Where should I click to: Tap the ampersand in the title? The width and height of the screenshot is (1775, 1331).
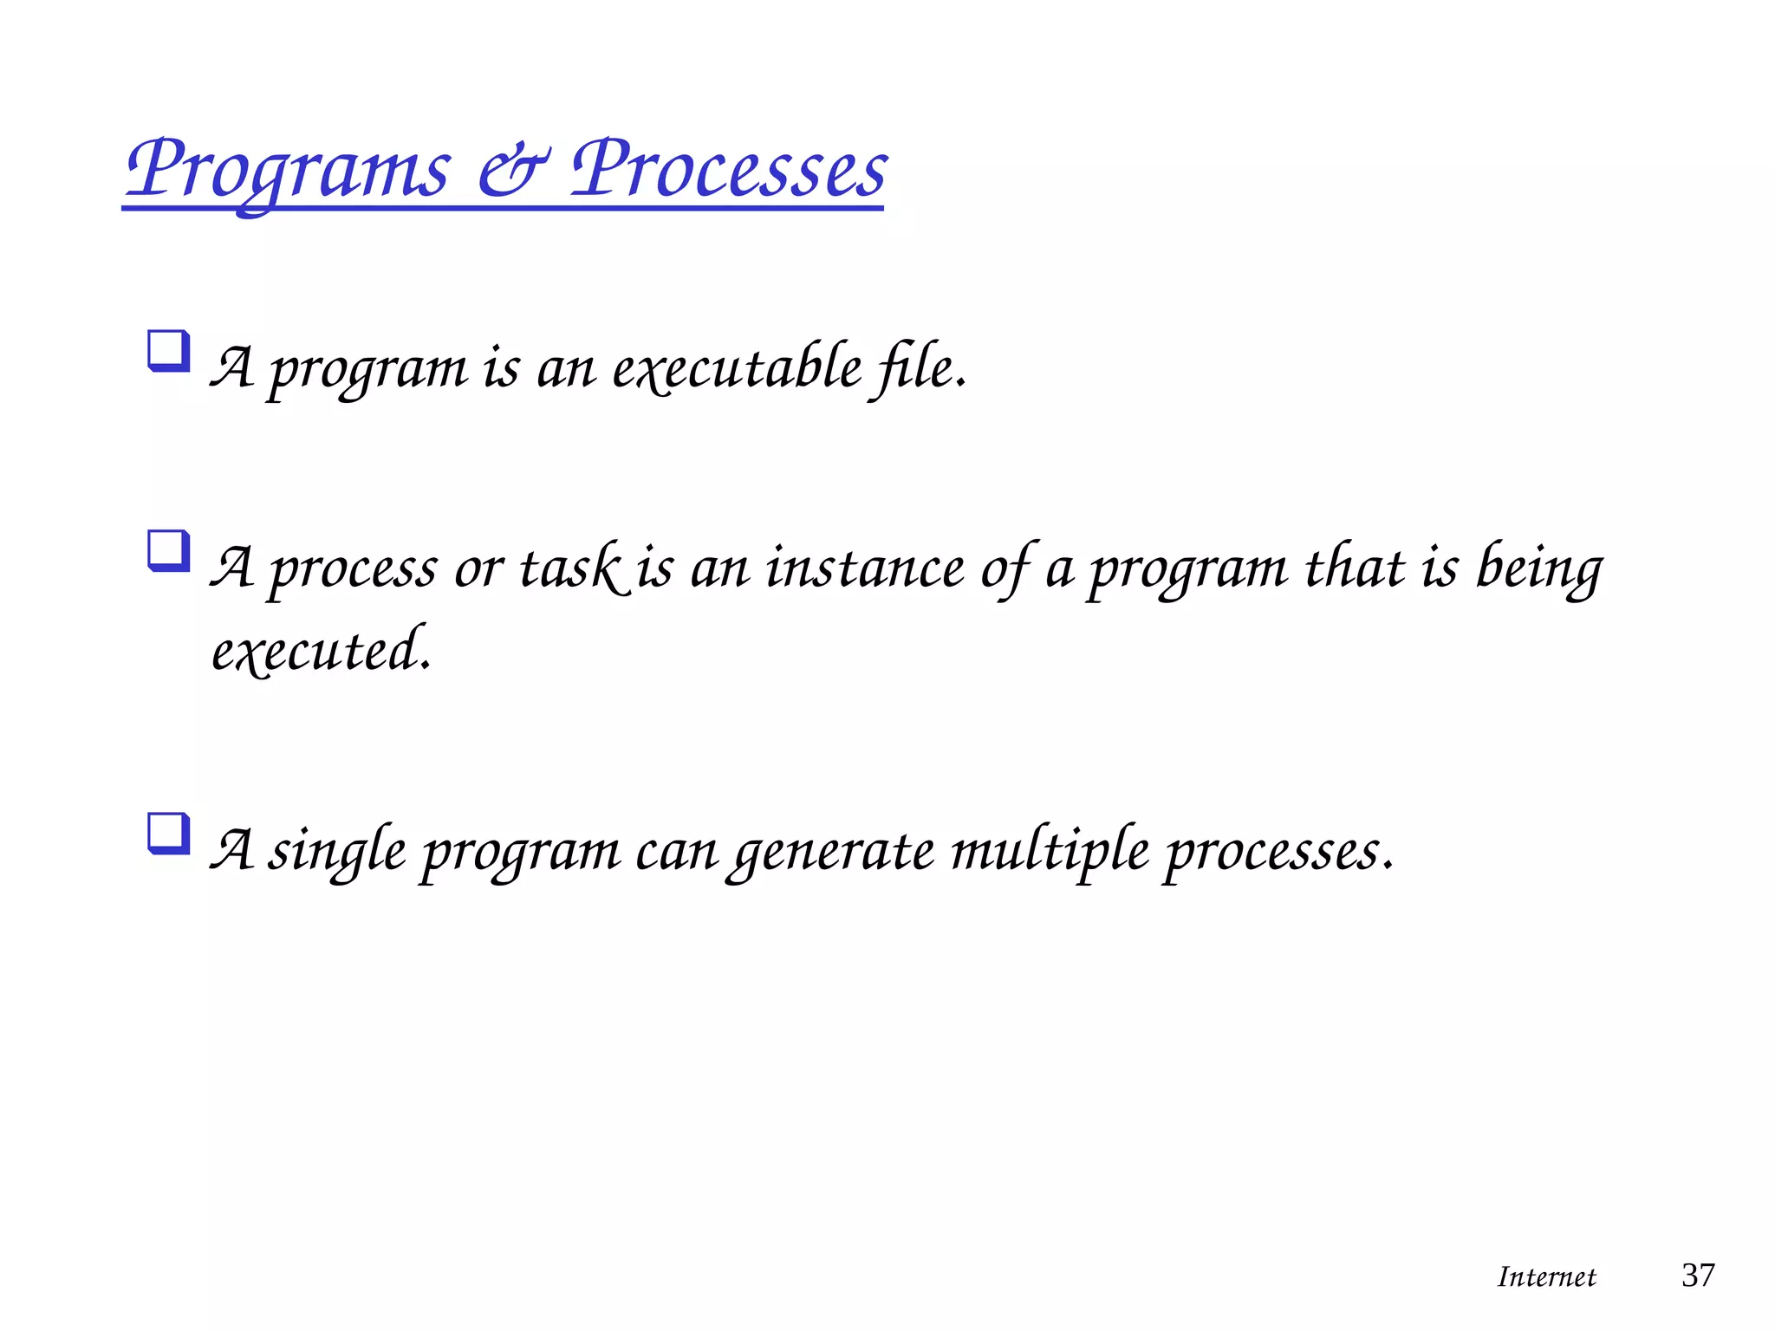(x=512, y=168)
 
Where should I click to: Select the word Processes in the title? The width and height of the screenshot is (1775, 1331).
(x=729, y=168)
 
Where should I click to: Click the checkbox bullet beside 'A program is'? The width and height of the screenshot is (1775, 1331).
(x=169, y=351)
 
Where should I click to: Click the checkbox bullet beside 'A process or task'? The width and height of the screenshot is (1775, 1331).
(x=169, y=551)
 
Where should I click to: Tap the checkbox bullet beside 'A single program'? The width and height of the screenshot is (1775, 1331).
(x=169, y=833)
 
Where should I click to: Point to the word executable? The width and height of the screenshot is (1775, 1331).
(x=738, y=367)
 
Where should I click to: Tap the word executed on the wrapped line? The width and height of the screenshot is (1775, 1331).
(x=320, y=651)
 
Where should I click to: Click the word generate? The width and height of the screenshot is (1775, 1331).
(x=832, y=850)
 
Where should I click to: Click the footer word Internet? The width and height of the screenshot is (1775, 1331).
(x=1546, y=1276)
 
